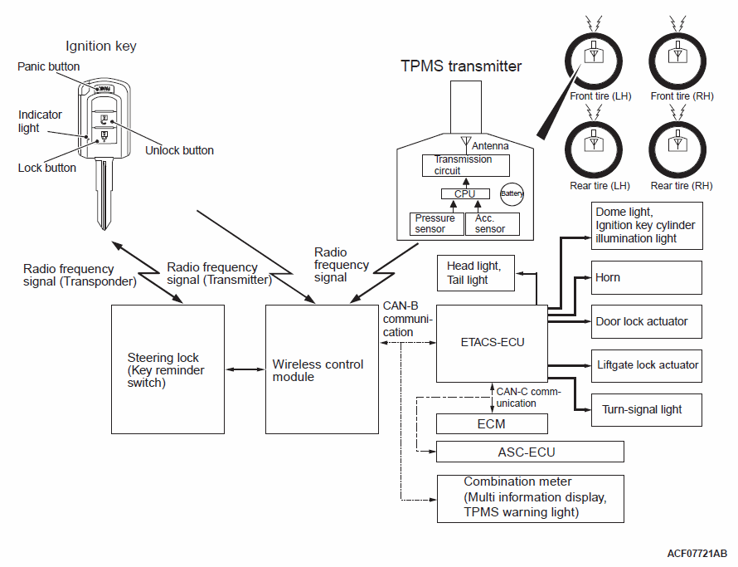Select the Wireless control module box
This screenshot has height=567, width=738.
[322, 369]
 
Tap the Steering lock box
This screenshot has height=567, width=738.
[168, 369]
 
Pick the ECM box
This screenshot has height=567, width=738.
[493, 423]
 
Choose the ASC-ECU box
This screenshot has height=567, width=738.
[530, 452]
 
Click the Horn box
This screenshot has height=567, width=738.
[647, 277]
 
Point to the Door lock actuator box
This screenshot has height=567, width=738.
[647, 321]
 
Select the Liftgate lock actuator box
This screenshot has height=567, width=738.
[647, 364]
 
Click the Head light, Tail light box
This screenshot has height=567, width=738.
[476, 273]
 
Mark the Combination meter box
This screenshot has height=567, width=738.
[530, 497]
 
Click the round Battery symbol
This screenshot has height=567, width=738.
[512, 193]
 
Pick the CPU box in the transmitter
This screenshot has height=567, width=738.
[464, 193]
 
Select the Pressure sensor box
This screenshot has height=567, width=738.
[435, 223]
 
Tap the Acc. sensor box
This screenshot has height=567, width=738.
[492, 223]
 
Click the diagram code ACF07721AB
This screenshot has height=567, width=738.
[697, 553]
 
